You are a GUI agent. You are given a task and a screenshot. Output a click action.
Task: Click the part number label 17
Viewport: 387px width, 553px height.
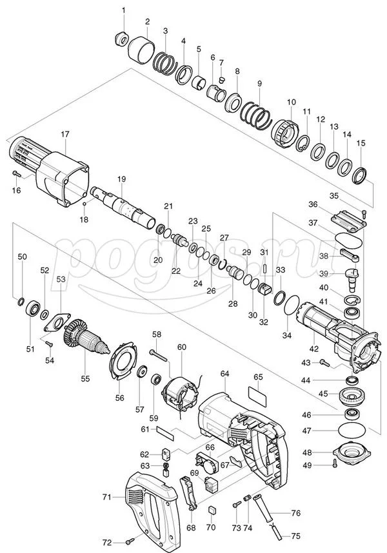65,134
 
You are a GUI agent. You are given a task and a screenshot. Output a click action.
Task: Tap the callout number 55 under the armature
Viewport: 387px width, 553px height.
85,378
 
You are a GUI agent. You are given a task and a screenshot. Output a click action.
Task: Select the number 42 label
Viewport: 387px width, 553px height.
313,349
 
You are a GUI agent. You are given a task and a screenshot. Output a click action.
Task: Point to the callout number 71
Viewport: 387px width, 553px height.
107,498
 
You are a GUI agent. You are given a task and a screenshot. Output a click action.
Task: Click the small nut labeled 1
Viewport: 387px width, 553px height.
122,38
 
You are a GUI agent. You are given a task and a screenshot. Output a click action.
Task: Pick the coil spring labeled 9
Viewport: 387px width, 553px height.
257,115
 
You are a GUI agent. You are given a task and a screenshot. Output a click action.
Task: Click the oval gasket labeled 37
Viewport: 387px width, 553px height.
348,240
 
